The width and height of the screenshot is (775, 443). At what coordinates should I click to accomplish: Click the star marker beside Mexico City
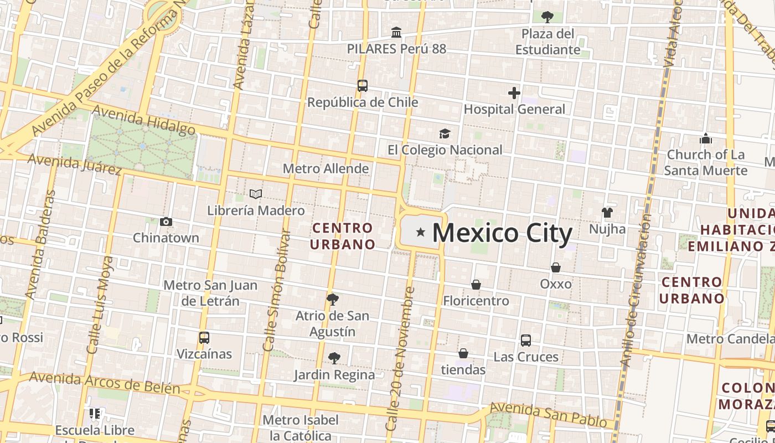point(421,232)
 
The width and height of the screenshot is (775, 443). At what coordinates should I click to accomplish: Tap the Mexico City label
point(502,233)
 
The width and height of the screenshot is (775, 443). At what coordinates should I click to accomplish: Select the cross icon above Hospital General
point(514,93)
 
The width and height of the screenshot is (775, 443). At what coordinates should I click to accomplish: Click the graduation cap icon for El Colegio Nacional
point(445,133)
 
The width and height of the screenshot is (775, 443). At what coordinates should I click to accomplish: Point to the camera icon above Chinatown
point(166,222)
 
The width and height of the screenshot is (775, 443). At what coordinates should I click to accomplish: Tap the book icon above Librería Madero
point(256,194)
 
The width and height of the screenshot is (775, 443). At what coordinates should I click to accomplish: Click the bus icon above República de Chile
point(363,86)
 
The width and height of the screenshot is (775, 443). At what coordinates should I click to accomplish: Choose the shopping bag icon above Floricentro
point(476,285)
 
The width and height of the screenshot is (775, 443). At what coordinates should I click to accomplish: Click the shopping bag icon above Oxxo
point(556,267)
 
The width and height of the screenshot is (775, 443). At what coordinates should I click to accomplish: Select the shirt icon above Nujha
point(607,213)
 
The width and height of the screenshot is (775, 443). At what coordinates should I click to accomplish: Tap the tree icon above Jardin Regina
point(334,358)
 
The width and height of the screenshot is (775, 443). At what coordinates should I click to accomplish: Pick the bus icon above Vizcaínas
point(204,337)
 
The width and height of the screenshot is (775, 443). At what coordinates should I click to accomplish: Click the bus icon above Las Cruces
point(526,341)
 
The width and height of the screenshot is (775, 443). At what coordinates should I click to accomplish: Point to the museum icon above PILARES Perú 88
point(396,33)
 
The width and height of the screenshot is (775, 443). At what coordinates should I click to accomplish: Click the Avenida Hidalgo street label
point(144,121)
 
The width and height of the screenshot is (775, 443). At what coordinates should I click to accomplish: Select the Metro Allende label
point(325,168)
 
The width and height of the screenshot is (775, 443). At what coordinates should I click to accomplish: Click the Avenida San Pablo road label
point(548,415)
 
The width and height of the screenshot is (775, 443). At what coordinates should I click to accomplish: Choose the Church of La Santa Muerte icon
point(706,138)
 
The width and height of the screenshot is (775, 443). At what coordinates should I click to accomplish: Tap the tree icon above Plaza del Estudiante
point(547,17)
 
